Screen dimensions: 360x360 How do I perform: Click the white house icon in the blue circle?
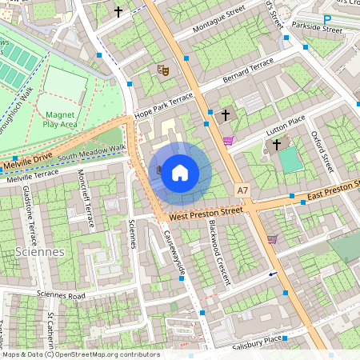pyautogui.click(x=180, y=173)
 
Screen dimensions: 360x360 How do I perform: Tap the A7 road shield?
pyautogui.click(x=243, y=190)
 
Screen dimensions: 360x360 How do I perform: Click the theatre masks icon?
pyautogui.click(x=163, y=70)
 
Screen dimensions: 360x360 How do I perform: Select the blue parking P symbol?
pyautogui.click(x=327, y=18)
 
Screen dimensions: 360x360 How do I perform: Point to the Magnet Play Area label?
pyautogui.click(x=60, y=119)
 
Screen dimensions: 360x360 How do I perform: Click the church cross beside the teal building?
pyautogui.click(x=277, y=145)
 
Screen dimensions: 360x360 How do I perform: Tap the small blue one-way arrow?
pyautogui.click(x=274, y=274)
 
